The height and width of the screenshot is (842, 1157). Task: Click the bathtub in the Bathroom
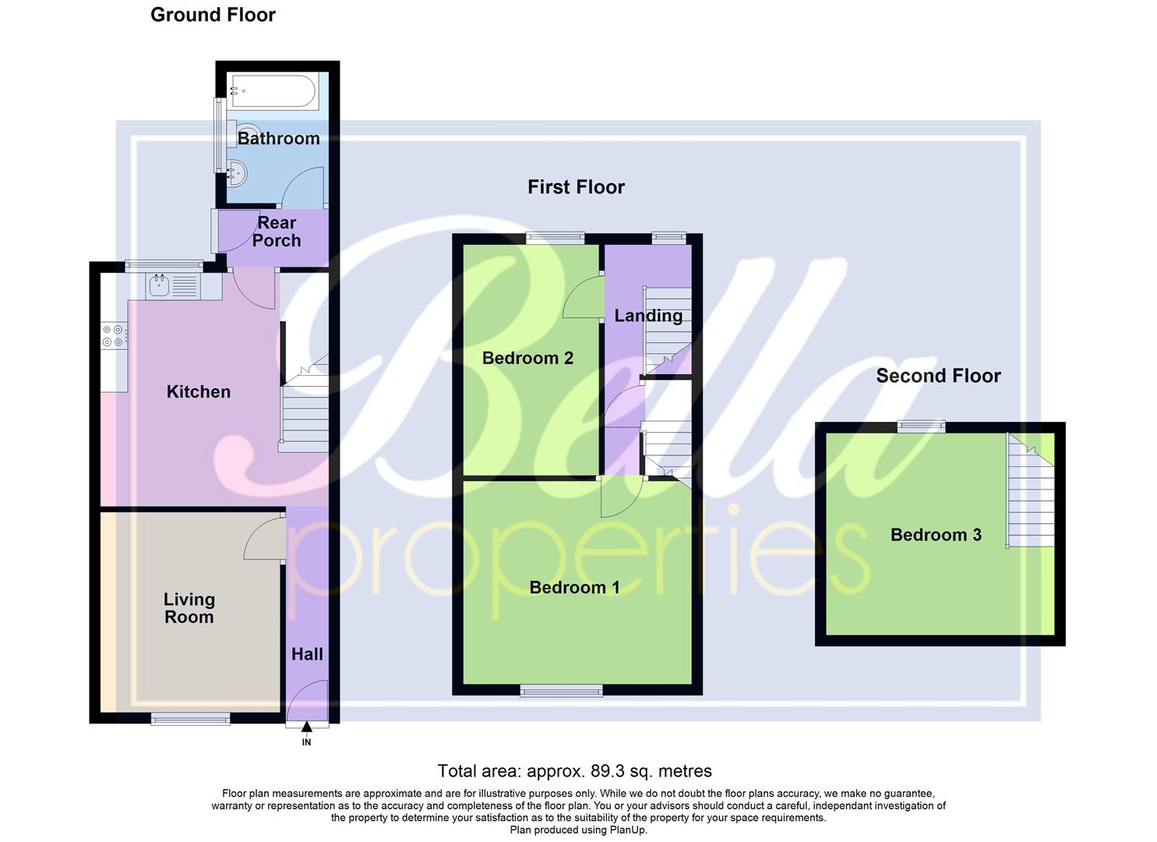(273, 91)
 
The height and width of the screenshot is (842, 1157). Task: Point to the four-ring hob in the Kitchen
(113, 335)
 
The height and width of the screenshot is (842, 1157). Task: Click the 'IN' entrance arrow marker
(306, 728)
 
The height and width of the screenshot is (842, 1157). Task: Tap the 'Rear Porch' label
(277, 232)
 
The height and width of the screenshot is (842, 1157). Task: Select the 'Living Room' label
(189, 608)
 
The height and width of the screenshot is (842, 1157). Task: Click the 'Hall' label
(307, 654)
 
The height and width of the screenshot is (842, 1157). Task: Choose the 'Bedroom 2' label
(527, 358)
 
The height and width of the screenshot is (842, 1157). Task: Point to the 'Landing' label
(648, 316)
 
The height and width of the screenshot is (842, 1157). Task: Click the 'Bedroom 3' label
(936, 535)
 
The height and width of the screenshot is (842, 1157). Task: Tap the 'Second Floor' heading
(938, 376)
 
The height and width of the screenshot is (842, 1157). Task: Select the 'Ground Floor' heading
(213, 15)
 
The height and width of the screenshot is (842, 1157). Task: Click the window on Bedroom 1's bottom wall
(561, 690)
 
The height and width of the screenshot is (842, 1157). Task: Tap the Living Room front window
(191, 719)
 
